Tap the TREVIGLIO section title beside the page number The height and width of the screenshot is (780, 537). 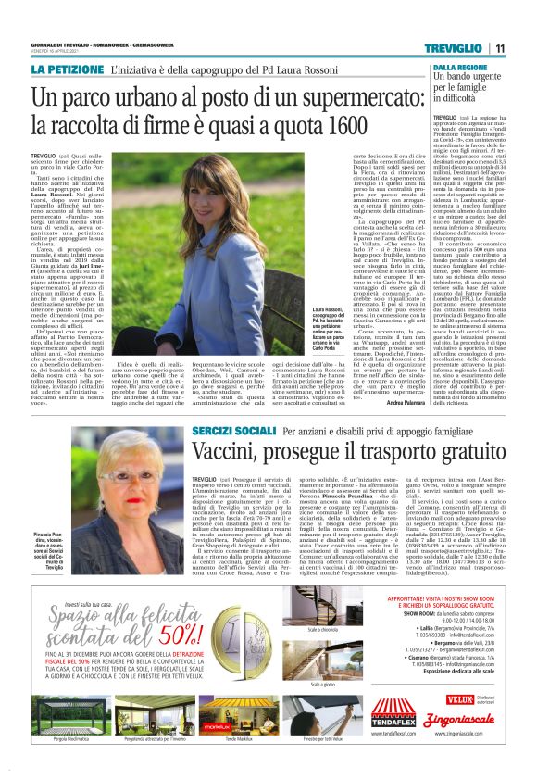click(455, 49)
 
